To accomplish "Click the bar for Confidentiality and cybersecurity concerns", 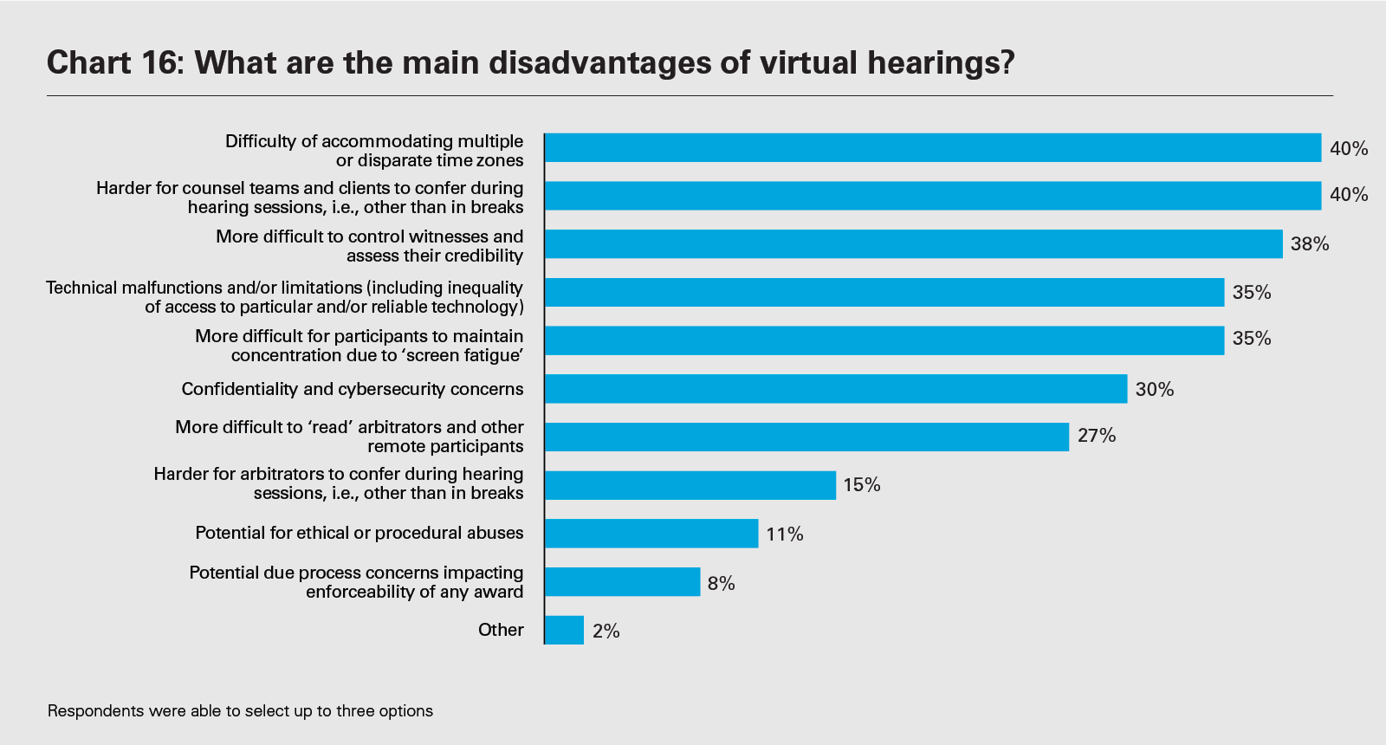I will coord(836,389).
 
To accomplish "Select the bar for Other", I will coord(564,630).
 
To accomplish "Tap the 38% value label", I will coord(1309,244).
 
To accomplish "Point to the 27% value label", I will coord(1096,436).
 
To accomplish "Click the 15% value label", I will coord(861,485).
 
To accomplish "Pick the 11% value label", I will coord(784,534).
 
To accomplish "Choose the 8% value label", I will coord(721,584).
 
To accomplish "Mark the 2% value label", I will coord(606,632).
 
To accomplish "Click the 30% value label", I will coord(1154,390).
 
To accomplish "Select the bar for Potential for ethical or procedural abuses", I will coord(651,534).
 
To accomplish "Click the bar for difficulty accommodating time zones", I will coord(933,148).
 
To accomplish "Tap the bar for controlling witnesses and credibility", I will coord(914,244).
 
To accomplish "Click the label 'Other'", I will coord(501,630).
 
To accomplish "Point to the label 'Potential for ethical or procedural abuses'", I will coord(359,533).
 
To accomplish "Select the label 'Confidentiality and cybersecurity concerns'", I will coord(353,389).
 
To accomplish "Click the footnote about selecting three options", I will coord(240,711).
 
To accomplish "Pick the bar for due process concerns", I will coord(622,582).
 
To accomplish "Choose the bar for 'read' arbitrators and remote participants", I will coord(806,437).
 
